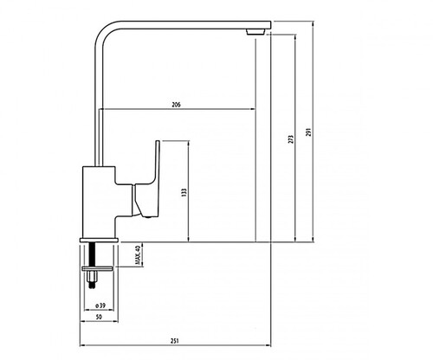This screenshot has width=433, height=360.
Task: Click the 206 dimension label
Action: coord(176,105)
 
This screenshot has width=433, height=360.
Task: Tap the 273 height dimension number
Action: coord(291,139)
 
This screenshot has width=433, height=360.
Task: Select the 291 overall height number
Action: coord(309,132)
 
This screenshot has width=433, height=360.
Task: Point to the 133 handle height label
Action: coord(184,192)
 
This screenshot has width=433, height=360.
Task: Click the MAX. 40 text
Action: coord(138,255)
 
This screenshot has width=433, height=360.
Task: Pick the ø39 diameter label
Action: coord(100,305)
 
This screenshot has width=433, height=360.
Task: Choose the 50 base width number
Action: coord(99,317)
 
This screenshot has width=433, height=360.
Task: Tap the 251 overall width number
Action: coord(175,341)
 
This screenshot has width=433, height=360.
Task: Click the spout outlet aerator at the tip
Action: coord(255,31)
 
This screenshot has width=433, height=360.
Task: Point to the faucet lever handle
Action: coord(145,184)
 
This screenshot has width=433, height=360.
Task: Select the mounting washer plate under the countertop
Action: coord(97,269)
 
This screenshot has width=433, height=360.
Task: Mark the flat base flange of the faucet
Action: coord(100,240)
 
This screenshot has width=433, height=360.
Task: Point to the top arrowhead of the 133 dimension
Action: coord(189,143)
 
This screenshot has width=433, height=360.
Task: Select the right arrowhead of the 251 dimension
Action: coord(268,345)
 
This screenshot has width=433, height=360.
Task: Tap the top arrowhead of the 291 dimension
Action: coord(313,23)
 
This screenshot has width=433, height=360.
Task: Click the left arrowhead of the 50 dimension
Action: coord(82,321)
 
